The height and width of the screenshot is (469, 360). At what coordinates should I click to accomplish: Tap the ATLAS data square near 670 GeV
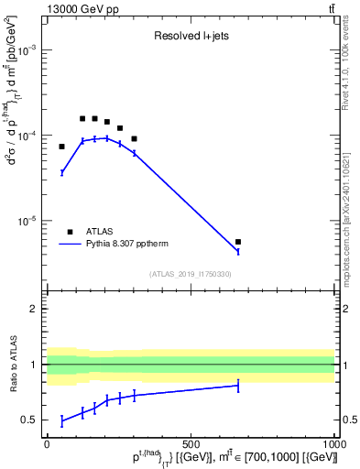click(x=238, y=242)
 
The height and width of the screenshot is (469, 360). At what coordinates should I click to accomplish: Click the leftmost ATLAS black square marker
click(x=62, y=147)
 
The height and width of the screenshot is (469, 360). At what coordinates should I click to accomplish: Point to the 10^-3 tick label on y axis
click(x=29, y=51)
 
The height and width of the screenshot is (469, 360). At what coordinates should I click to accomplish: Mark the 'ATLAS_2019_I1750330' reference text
click(x=191, y=274)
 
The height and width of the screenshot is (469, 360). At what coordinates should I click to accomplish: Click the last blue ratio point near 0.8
click(x=238, y=386)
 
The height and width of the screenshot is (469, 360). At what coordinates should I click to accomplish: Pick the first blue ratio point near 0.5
click(x=62, y=420)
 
